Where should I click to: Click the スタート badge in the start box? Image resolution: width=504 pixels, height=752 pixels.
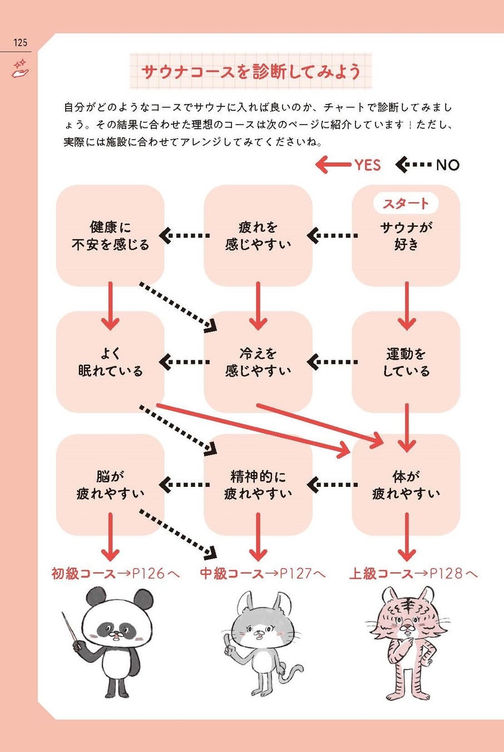point(406,203)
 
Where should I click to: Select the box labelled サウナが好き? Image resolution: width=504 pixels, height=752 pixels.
point(406,236)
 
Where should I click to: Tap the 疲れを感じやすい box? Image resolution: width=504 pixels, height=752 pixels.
point(258,236)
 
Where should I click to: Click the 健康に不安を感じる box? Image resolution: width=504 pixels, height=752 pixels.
point(110,236)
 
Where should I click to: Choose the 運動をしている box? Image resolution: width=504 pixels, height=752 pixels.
point(406,362)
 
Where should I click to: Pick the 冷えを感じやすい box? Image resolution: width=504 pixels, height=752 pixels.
point(258,362)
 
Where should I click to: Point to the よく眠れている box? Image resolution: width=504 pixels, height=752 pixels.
point(110,362)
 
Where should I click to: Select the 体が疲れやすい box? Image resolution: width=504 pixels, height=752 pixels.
point(406,485)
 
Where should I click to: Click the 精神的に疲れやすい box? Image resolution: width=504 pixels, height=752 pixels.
point(258,485)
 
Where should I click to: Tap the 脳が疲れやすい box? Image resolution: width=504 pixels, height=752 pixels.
point(110,485)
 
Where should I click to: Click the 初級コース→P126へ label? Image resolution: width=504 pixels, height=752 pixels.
point(116,573)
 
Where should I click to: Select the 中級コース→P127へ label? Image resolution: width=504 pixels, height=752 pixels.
point(263,573)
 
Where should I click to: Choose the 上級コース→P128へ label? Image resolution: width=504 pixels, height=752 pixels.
point(413,573)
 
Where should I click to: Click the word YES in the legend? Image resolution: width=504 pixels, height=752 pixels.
point(368,165)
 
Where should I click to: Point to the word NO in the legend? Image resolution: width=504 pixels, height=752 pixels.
point(447,165)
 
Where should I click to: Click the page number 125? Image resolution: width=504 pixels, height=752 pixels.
point(20,42)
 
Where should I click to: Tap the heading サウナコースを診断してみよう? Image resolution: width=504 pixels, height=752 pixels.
point(250,71)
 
